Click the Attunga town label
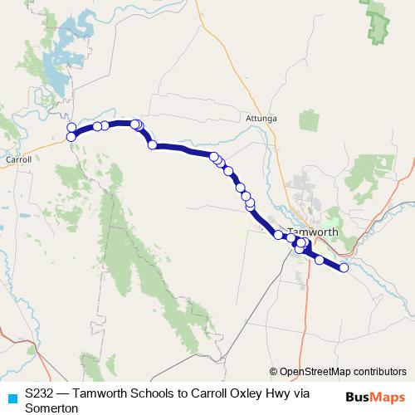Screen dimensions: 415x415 [x=261, y=118]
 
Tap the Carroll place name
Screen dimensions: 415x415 [x=17, y=159]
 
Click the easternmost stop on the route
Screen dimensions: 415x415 [x=344, y=267]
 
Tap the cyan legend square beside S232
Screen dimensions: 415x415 [x=11, y=398]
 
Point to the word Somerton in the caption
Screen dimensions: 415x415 [x=51, y=408]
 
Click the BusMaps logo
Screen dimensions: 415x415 [x=375, y=396]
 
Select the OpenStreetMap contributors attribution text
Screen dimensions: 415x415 [x=343, y=372]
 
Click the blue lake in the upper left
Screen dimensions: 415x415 [x=54, y=75]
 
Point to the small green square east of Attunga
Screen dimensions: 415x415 [x=309, y=120]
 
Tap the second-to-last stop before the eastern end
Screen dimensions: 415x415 [x=320, y=260]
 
